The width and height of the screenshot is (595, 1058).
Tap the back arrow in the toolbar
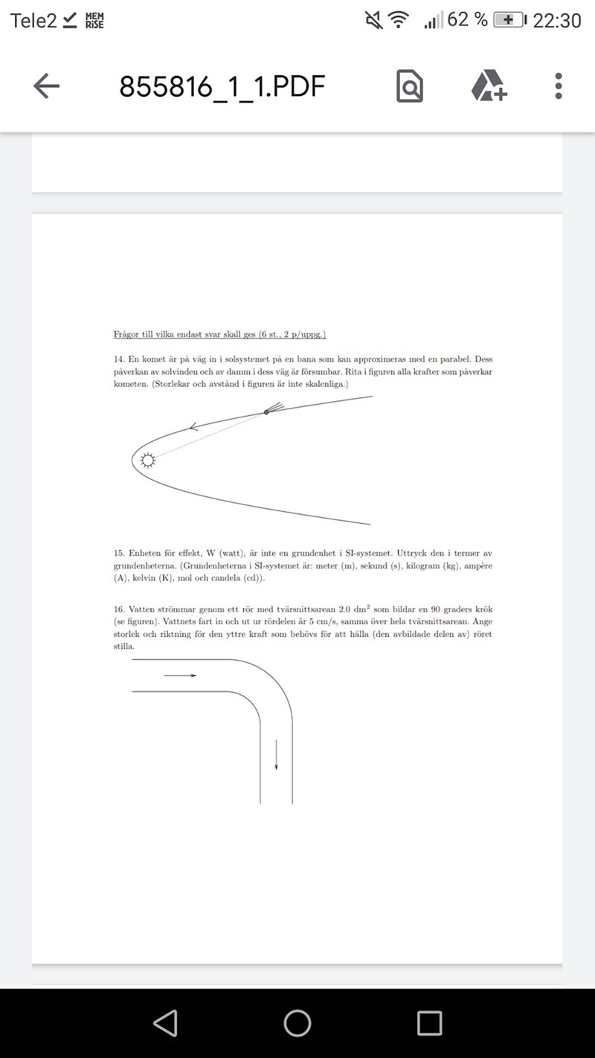click(46, 87)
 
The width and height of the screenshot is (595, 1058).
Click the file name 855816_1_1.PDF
click(222, 87)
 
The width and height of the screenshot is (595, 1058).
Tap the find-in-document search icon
click(410, 87)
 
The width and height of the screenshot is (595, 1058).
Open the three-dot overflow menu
click(559, 86)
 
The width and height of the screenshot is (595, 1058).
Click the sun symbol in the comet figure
click(148, 461)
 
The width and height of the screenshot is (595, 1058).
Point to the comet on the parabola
click(268, 411)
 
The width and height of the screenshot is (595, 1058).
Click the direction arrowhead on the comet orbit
click(194, 427)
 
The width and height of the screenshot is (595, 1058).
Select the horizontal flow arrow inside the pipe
click(180, 675)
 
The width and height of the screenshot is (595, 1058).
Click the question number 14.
click(118, 359)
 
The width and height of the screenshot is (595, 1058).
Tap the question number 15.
click(118, 553)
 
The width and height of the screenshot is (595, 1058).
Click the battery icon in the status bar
click(509, 20)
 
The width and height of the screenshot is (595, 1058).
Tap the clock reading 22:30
click(557, 20)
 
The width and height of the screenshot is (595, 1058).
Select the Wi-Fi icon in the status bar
click(399, 20)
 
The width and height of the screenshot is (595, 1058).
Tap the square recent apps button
click(429, 1023)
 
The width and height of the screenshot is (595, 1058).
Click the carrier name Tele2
click(33, 20)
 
